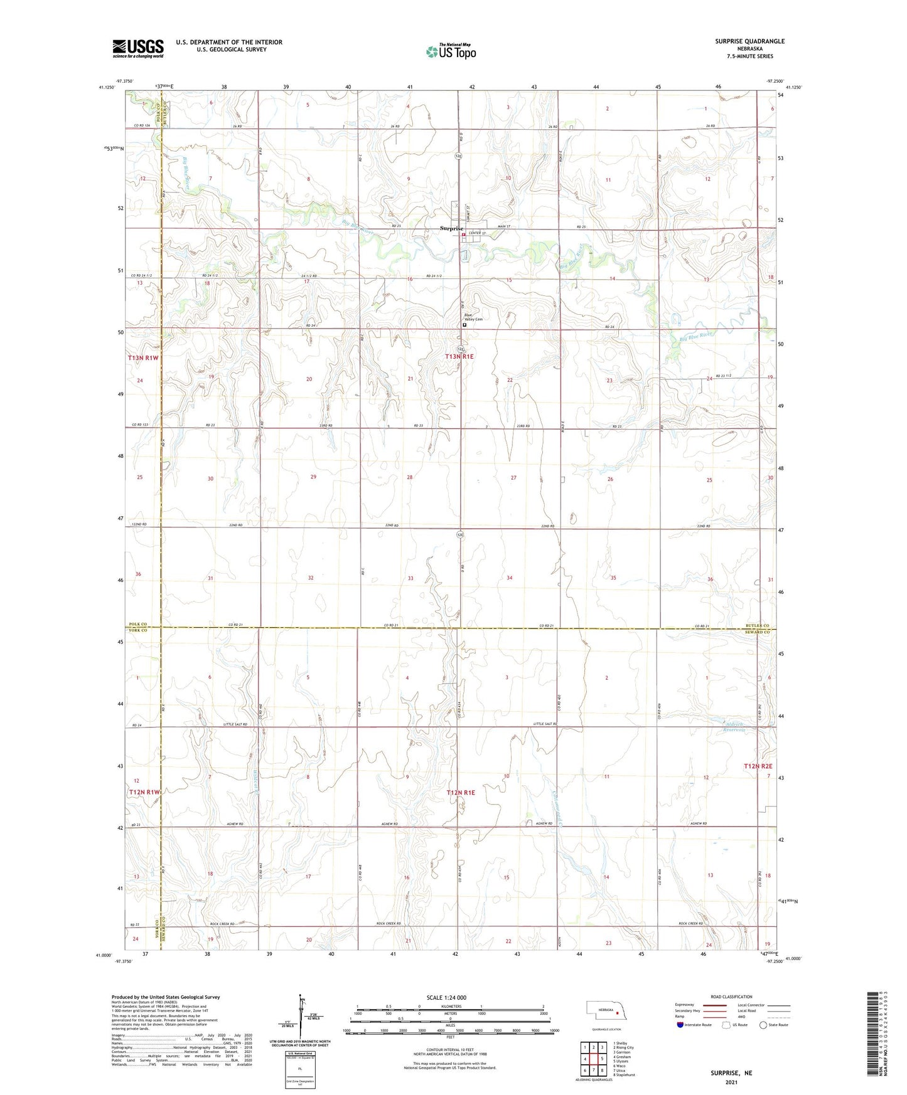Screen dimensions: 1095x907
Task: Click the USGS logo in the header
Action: point(138,48)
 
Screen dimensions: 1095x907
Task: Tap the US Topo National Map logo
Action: point(450,51)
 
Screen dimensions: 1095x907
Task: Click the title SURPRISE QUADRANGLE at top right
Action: point(749,41)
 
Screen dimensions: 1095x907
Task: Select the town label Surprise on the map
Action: point(451,229)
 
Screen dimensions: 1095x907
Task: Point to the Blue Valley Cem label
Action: point(473,317)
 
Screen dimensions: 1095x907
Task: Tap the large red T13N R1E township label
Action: point(460,356)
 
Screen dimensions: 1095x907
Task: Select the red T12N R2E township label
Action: point(758,766)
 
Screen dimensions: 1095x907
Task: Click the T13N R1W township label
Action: point(144,357)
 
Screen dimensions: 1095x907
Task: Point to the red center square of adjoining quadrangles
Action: point(593,1059)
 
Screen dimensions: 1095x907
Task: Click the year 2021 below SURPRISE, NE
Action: point(731,1082)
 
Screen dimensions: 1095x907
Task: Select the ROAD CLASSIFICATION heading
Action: point(731,997)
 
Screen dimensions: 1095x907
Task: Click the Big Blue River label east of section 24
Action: point(697,337)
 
